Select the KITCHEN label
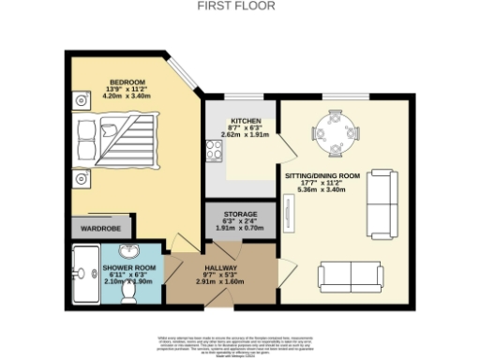pos(246,120)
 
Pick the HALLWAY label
pos(223,266)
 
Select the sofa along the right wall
pos(380,202)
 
